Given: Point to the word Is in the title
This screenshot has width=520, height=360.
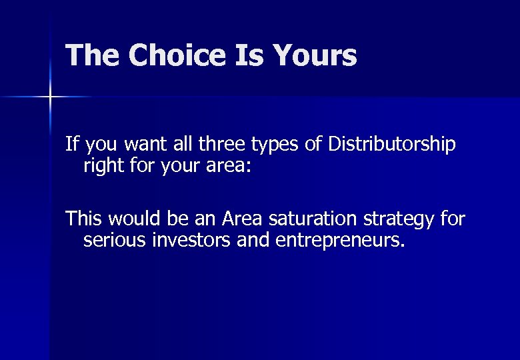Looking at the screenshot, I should coord(257,56).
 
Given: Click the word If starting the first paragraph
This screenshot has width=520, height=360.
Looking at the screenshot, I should coord(71,144).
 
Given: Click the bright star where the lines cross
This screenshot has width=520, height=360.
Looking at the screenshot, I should coord(50,97).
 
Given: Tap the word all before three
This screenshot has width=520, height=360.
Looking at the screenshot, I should coord(181,144).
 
